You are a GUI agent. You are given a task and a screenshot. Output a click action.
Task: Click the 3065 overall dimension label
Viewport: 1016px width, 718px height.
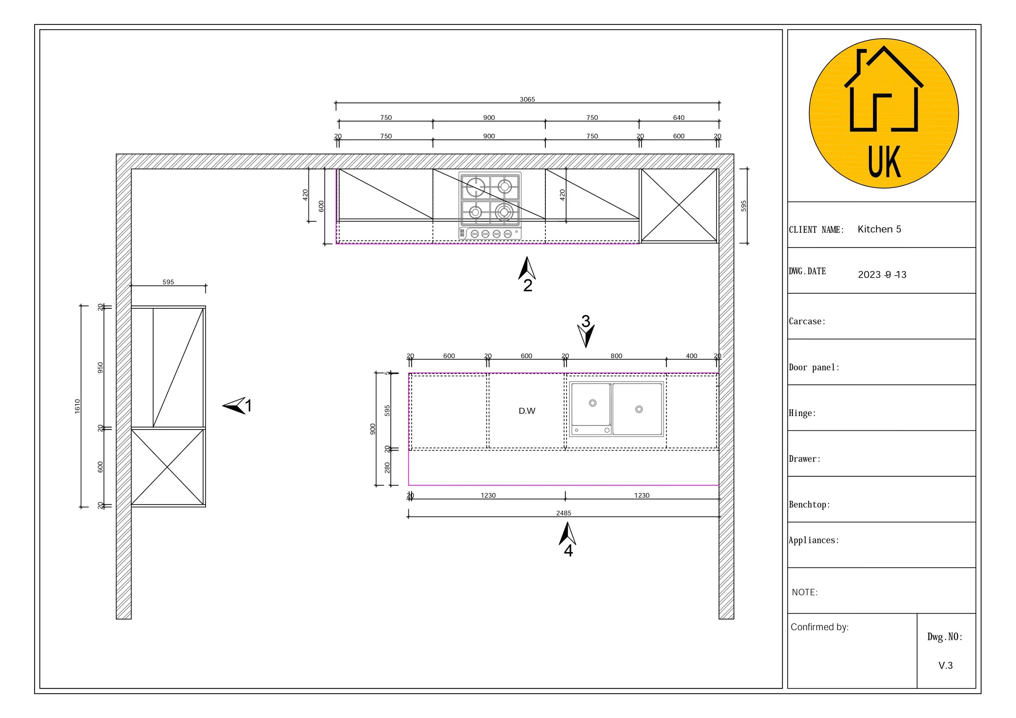click(527, 100)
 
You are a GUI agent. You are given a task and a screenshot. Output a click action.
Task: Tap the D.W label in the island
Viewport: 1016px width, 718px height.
click(527, 411)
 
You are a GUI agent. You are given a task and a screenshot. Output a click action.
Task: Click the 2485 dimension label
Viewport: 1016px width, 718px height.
click(563, 513)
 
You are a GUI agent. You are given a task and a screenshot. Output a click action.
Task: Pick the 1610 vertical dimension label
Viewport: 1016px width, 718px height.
click(78, 406)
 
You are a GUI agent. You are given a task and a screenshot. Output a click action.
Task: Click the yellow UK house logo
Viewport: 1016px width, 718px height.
click(884, 113)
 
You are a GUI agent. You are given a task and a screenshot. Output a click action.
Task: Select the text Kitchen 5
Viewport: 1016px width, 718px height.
click(879, 229)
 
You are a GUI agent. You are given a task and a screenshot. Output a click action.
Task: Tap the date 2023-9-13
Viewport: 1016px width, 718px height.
click(881, 275)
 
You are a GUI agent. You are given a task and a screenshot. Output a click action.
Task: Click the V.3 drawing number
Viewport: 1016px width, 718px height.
click(945, 665)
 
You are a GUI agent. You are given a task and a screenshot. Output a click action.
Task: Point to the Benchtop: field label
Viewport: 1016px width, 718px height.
click(809, 505)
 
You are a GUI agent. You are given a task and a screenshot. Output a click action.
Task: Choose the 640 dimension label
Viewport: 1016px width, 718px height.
click(678, 118)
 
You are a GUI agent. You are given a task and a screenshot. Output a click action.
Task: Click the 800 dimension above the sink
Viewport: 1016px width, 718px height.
click(616, 356)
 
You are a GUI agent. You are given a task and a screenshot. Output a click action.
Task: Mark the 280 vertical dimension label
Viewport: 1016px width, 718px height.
click(387, 468)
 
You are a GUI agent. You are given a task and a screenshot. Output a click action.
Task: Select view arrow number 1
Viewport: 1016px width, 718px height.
click(237, 405)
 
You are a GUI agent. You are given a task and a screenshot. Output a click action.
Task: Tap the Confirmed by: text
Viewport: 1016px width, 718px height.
click(820, 627)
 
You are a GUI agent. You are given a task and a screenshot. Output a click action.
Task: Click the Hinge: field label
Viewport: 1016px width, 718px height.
click(802, 413)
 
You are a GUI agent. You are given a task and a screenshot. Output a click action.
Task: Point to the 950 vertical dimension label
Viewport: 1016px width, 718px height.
click(100, 368)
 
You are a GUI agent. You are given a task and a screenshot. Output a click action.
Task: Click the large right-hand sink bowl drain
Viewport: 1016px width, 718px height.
click(638, 409)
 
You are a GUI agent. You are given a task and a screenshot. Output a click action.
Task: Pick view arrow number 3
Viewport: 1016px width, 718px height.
click(586, 332)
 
